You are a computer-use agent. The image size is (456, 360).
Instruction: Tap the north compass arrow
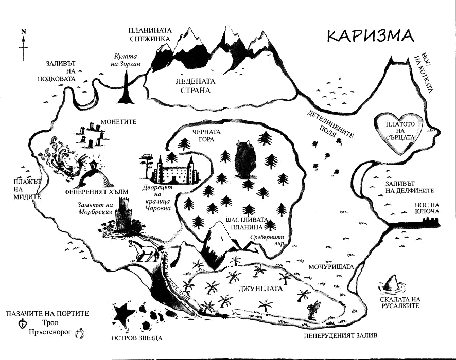click(x=24, y=46)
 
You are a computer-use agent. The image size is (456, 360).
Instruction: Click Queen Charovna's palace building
click(x=174, y=169)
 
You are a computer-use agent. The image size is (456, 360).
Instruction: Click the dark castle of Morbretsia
click(x=124, y=216)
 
